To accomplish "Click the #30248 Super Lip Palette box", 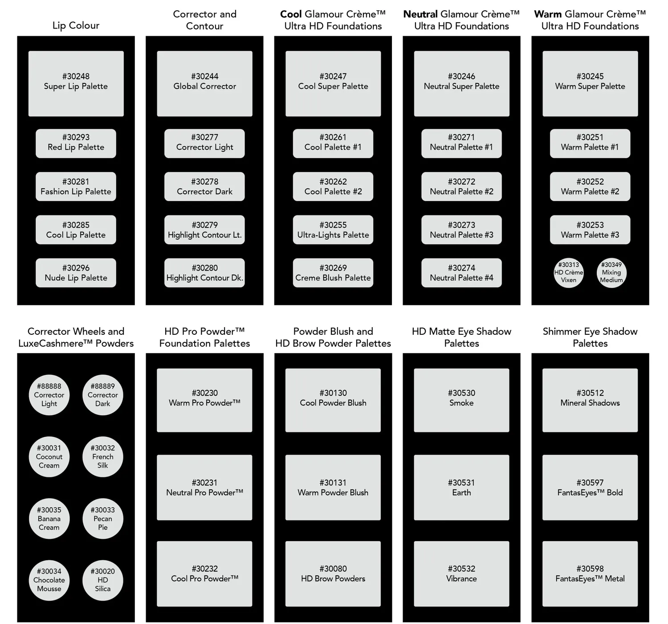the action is pyautogui.click(x=76, y=83).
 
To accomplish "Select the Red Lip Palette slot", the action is pyautogui.click(x=76, y=144).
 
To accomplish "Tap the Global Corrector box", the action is pyautogui.click(x=204, y=83).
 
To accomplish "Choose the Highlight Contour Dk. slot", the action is pyautogui.click(x=204, y=273).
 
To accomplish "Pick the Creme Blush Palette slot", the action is pyautogui.click(x=333, y=273).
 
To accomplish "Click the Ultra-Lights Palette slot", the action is pyautogui.click(x=333, y=230).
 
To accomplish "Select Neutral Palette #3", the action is pyautogui.click(x=461, y=230).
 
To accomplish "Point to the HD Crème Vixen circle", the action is pyautogui.click(x=568, y=273).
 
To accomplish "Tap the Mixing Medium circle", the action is pyautogui.click(x=611, y=273).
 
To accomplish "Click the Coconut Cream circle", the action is pyautogui.click(x=49, y=457).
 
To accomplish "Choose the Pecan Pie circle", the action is pyautogui.click(x=102, y=519).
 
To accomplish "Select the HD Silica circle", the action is pyautogui.click(x=102, y=580).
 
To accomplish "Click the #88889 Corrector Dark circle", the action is pyautogui.click(x=102, y=395).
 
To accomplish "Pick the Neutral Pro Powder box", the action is pyautogui.click(x=204, y=488).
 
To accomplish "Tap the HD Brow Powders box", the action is pyautogui.click(x=333, y=574).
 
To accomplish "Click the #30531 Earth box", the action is pyautogui.click(x=461, y=488).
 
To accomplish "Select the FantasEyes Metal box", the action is pyautogui.click(x=590, y=574).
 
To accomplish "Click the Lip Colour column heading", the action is pyautogui.click(x=76, y=25).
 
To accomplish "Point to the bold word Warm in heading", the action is pyautogui.click(x=548, y=14).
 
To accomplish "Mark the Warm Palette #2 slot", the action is pyautogui.click(x=590, y=187).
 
